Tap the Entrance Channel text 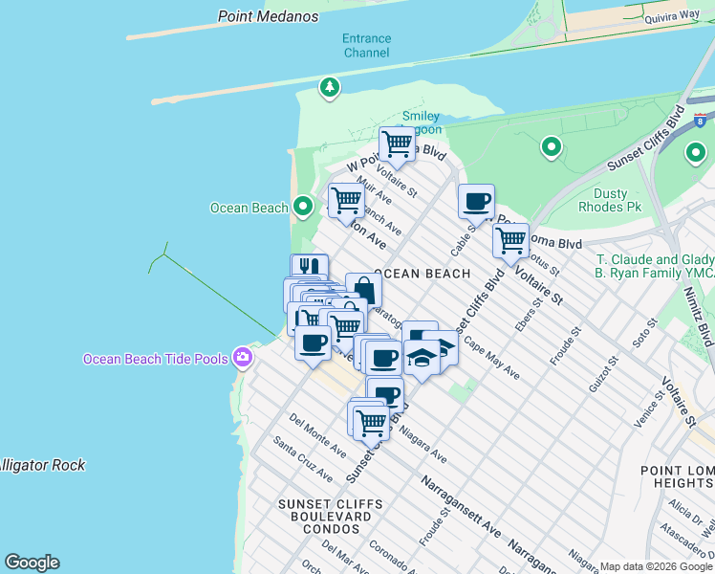[x=367, y=46]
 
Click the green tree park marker [x=330, y=87]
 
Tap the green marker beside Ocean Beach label [x=303, y=206]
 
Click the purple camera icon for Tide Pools [x=243, y=358]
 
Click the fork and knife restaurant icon [x=309, y=267]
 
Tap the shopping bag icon [x=363, y=289]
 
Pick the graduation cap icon [x=422, y=357]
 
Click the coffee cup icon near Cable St [x=476, y=202]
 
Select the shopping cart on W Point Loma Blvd [x=397, y=144]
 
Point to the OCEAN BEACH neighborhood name [x=423, y=274]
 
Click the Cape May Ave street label [x=491, y=358]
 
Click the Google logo [x=32, y=563]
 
